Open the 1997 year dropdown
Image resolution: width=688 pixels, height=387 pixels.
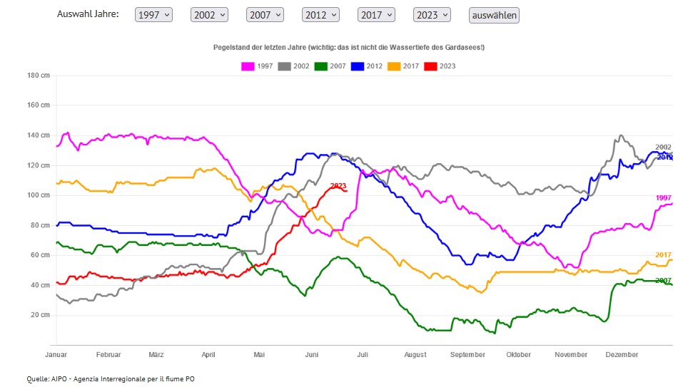click(x=153, y=15)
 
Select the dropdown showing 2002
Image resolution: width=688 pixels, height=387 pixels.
click(x=209, y=15)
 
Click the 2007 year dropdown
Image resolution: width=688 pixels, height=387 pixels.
click(x=265, y=15)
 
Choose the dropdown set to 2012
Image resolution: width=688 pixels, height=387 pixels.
click(x=320, y=15)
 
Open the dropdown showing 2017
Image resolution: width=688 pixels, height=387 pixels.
click(x=376, y=15)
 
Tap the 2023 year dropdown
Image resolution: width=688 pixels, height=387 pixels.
click(x=432, y=15)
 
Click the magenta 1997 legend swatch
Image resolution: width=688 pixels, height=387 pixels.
click(x=248, y=66)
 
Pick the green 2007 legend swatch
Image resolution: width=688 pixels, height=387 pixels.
click(x=322, y=66)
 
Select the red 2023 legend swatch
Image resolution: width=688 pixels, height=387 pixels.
click(x=431, y=66)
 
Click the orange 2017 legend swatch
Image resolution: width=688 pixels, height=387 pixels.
click(x=395, y=66)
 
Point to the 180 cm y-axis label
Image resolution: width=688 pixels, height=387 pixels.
click(x=39, y=76)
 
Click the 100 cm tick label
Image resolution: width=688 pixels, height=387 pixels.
click(x=39, y=195)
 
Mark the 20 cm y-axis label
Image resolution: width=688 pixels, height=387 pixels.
click(x=40, y=315)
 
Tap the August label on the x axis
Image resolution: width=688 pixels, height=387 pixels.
click(x=415, y=355)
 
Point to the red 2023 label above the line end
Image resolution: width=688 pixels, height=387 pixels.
click(x=338, y=186)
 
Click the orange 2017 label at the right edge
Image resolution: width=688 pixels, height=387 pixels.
click(x=663, y=255)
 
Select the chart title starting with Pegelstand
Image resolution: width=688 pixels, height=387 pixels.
click(x=349, y=47)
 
